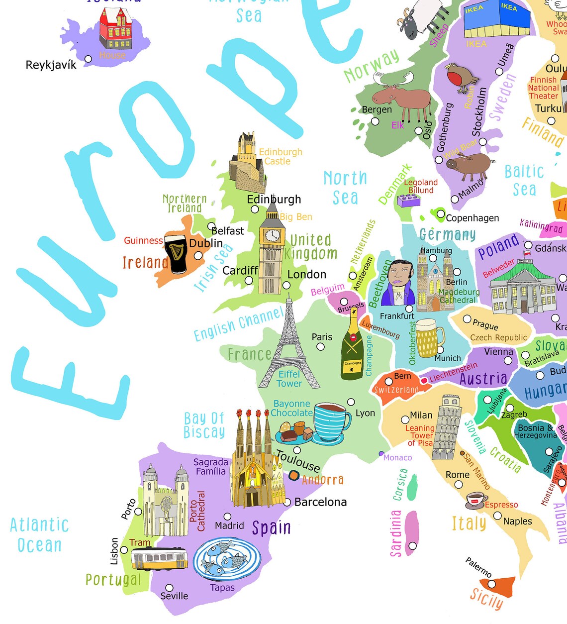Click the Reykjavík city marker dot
(88, 59)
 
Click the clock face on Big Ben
(272, 235)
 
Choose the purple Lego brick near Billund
(408, 200)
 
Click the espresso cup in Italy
(476, 500)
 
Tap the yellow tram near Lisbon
(159, 559)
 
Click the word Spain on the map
(271, 527)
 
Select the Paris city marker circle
(321, 347)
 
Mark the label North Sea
(345, 188)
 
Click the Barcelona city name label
(320, 502)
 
